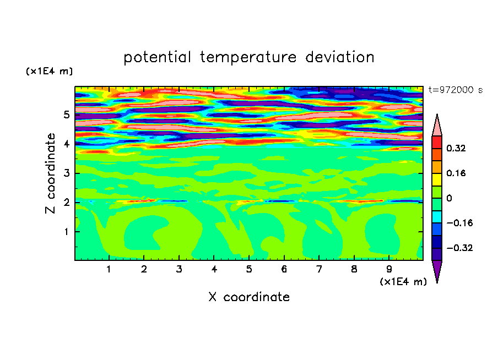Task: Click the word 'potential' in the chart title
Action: [x=157, y=58]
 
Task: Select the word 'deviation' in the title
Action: [x=340, y=57]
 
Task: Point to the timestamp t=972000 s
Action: [x=456, y=90]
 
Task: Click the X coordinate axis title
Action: [x=249, y=297]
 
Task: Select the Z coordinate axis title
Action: [x=50, y=173]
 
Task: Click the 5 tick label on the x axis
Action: [x=249, y=270]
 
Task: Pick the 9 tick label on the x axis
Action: [x=389, y=270]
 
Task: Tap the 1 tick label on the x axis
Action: [x=109, y=270]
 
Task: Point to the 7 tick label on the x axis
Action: [x=319, y=270]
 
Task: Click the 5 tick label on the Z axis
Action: [x=66, y=114]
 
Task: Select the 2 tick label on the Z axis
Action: [x=66, y=202]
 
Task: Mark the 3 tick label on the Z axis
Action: [x=66, y=173]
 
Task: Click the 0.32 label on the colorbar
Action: [x=456, y=148]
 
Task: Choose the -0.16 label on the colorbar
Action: [x=459, y=223]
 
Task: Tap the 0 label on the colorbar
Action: [x=449, y=198]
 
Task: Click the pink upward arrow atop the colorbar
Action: [x=437, y=125]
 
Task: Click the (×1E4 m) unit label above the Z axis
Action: [x=49, y=72]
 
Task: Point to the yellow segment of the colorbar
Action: [x=437, y=179]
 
